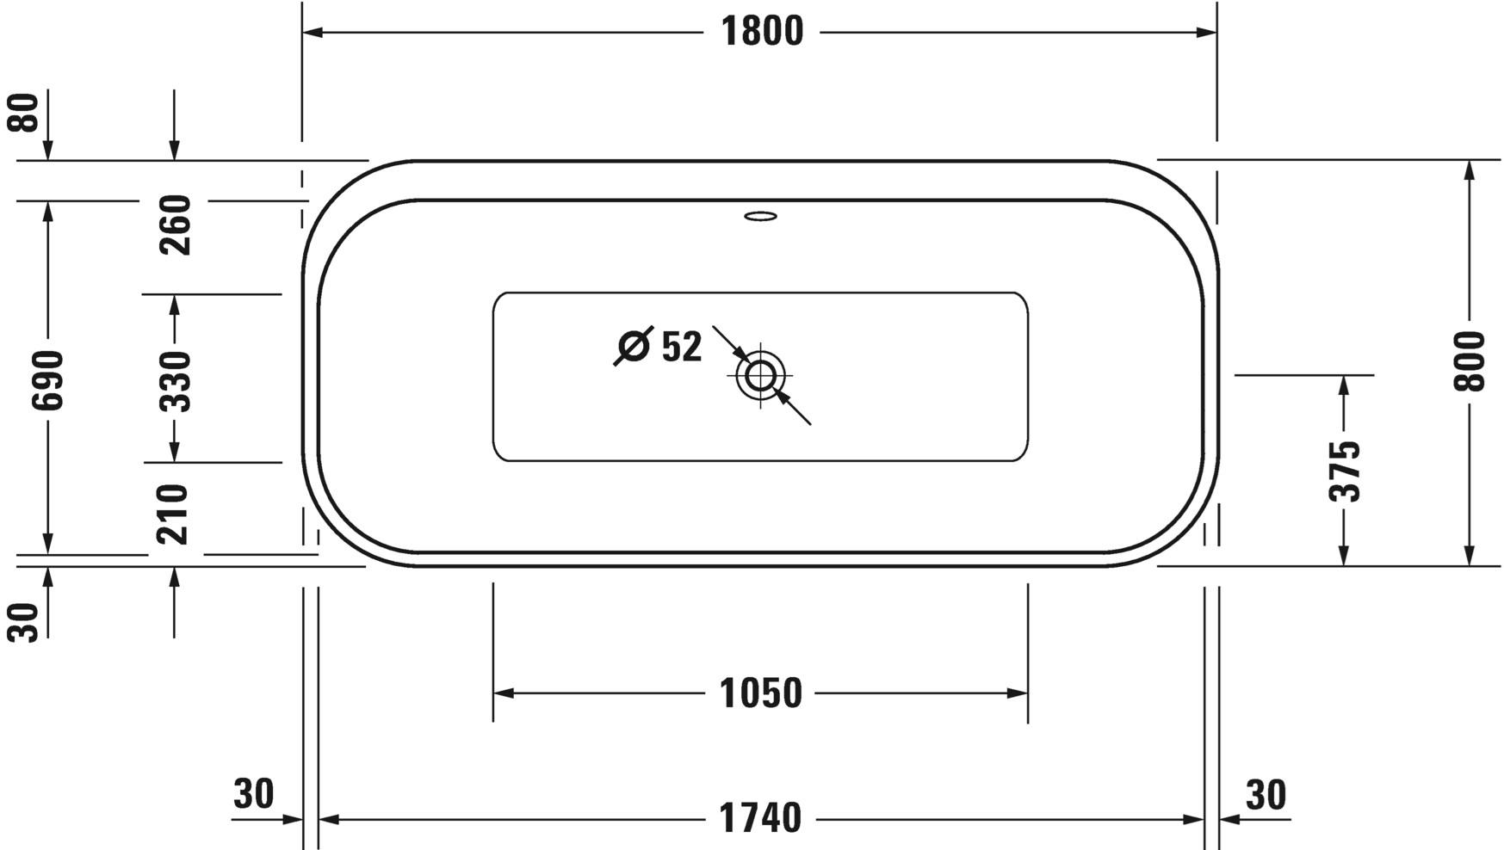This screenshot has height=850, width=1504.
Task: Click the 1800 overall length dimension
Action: pyautogui.click(x=761, y=33)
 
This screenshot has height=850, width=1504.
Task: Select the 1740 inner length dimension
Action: pyautogui.click(x=761, y=818)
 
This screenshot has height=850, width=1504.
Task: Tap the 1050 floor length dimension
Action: pyautogui.click(x=761, y=693)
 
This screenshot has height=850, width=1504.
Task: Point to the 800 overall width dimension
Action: pyautogui.click(x=1470, y=361)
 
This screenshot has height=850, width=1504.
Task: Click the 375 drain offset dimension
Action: pyautogui.click(x=1345, y=471)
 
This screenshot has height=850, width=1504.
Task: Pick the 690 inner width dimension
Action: pyautogui.click(x=47, y=379)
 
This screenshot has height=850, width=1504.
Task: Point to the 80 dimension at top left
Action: pyautogui.click(x=26, y=113)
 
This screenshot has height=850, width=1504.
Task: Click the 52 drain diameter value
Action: pyautogui.click(x=682, y=347)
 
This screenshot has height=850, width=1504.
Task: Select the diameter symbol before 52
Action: pyautogui.click(x=634, y=346)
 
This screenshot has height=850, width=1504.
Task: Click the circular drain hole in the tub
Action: pyautogui.click(x=760, y=375)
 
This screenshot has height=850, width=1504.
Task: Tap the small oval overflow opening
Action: pyautogui.click(x=760, y=216)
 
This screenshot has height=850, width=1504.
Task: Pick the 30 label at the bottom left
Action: pyautogui.click(x=254, y=794)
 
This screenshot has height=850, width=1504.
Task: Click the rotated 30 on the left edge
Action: pyautogui.click(x=26, y=622)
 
